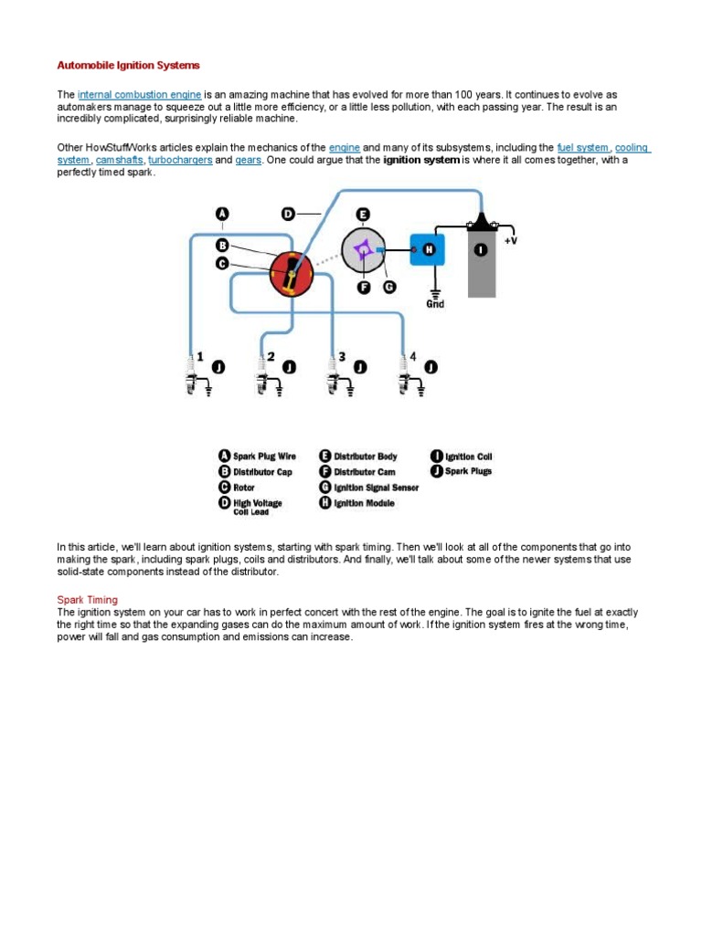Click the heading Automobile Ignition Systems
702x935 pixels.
coord(128,66)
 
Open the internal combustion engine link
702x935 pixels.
coord(139,95)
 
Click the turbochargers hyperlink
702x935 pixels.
coord(180,160)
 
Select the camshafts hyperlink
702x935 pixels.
coord(119,160)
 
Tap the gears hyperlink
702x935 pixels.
coord(249,160)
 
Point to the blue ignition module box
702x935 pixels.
coord(427,248)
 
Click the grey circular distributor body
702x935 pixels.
coord(364,249)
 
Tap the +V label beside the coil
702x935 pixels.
coord(510,240)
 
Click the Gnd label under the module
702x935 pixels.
coord(435,304)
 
